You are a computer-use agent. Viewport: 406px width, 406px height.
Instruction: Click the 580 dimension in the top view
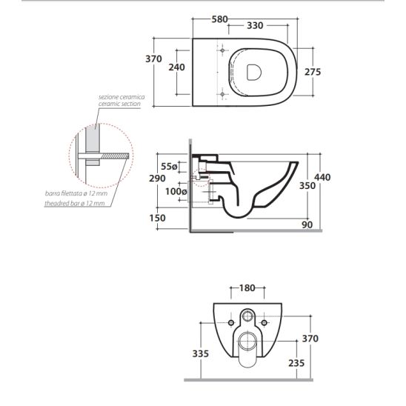pyautogui.click(x=219, y=19)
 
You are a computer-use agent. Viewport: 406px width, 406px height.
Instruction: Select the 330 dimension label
pyautogui.click(x=255, y=26)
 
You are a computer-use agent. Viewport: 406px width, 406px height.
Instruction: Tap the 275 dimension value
pyautogui.click(x=313, y=72)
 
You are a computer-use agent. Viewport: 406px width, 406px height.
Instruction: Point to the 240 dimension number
pyautogui.click(x=177, y=67)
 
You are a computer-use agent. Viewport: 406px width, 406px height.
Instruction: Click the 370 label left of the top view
pyautogui.click(x=153, y=59)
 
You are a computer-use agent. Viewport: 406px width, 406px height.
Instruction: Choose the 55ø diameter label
pyautogui.click(x=169, y=167)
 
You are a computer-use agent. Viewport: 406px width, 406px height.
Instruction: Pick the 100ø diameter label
pyautogui.click(x=176, y=192)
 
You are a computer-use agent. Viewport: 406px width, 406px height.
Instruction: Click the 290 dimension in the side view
pyautogui.click(x=157, y=179)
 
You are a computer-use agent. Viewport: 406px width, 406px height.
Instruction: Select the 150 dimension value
pyautogui.click(x=157, y=218)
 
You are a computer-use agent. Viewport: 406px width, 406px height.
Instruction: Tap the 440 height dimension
pyautogui.click(x=322, y=177)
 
